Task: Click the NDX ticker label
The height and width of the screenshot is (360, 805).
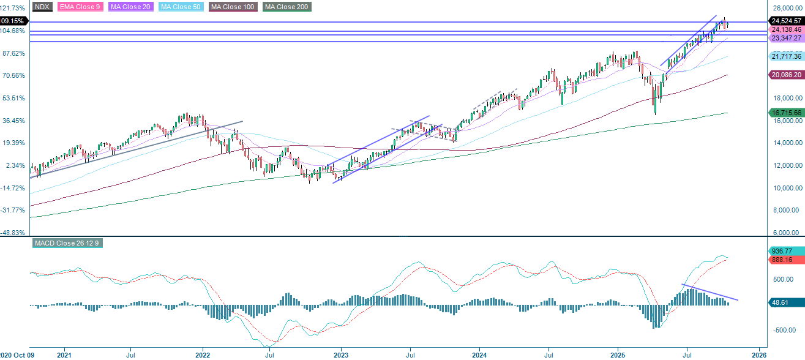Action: [42, 7]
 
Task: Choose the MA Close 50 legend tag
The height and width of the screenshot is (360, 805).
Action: [181, 7]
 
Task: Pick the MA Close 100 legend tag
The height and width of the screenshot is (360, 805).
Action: [233, 7]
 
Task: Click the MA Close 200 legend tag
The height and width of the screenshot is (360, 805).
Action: [287, 7]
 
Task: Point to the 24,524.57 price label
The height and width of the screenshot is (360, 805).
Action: [786, 21]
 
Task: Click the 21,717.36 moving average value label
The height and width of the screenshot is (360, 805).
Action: [786, 56]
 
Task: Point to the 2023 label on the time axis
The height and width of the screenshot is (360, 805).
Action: [341, 354]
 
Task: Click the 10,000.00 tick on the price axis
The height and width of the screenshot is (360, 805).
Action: [786, 188]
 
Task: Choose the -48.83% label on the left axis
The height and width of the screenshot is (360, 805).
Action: [13, 233]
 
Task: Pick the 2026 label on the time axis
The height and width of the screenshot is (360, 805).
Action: [759, 354]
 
